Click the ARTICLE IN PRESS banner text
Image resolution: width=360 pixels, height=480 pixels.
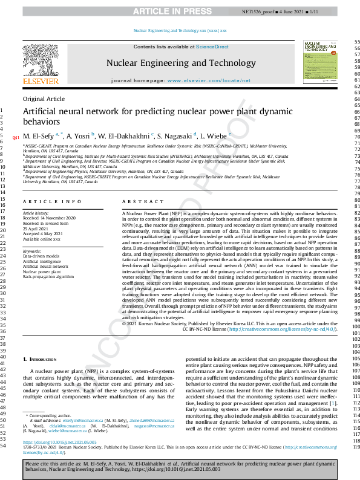tap(180, 11)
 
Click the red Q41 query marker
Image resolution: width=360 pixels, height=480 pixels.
tap(16, 137)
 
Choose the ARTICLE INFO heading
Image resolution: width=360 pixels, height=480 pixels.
tap(52, 201)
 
